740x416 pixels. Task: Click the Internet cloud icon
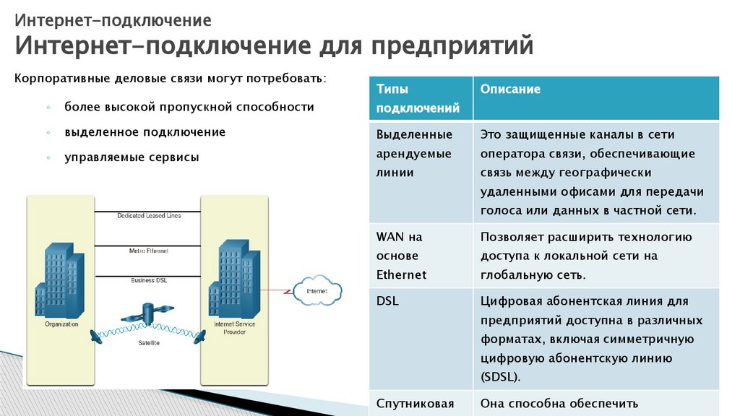pyautogui.click(x=317, y=291)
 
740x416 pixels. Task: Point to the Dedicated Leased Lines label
pyautogui.click(x=149, y=215)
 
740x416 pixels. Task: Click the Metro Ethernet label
pyautogui.click(x=149, y=251)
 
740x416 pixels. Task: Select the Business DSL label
pyautogui.click(x=149, y=279)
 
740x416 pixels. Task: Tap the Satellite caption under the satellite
pyautogui.click(x=149, y=342)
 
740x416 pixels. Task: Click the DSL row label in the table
pyautogui.click(x=387, y=301)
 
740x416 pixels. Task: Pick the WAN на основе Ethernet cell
pyautogui.click(x=402, y=256)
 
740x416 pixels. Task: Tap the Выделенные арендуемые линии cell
pyautogui.click(x=414, y=154)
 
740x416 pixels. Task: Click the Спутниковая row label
pyautogui.click(x=415, y=404)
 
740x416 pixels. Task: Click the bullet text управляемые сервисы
pyautogui.click(x=132, y=157)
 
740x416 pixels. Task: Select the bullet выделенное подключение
pyautogui.click(x=145, y=132)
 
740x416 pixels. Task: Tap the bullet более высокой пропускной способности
pyautogui.click(x=189, y=107)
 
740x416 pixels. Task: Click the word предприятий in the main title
pyautogui.click(x=452, y=46)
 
